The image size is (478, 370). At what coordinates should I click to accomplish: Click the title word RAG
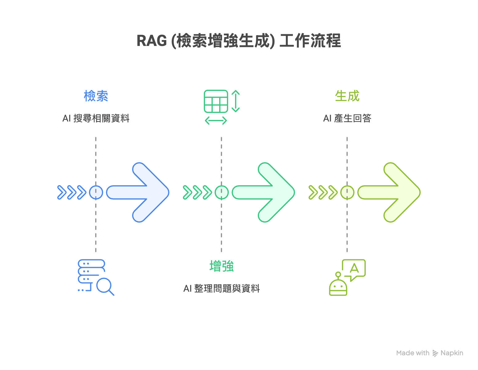(x=152, y=41)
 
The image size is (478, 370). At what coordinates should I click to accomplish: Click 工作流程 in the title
(x=310, y=41)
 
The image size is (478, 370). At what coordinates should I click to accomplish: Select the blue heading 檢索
(x=96, y=96)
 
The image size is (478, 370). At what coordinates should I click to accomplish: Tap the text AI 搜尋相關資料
(x=96, y=118)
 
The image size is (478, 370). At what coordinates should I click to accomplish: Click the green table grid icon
(x=216, y=101)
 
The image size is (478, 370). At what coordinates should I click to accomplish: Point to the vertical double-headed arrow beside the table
(x=236, y=101)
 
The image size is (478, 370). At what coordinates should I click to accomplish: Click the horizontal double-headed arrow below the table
(x=216, y=121)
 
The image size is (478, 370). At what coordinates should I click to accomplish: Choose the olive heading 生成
(x=347, y=96)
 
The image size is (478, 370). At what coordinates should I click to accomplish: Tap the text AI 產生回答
(x=347, y=118)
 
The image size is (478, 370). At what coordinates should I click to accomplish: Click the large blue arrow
(x=142, y=192)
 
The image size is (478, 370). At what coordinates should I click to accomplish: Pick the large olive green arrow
(x=393, y=192)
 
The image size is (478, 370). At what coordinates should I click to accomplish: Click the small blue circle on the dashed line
(x=96, y=192)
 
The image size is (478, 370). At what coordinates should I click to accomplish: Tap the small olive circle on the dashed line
(x=347, y=192)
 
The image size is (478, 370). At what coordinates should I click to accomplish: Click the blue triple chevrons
(x=72, y=192)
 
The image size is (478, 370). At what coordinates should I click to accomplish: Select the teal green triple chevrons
(x=197, y=192)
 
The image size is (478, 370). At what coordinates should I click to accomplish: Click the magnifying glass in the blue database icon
(x=104, y=286)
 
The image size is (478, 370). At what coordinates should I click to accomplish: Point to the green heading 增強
(x=221, y=266)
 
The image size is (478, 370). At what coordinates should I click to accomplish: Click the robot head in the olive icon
(x=338, y=287)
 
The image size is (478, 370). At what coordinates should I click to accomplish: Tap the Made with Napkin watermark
(x=430, y=353)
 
